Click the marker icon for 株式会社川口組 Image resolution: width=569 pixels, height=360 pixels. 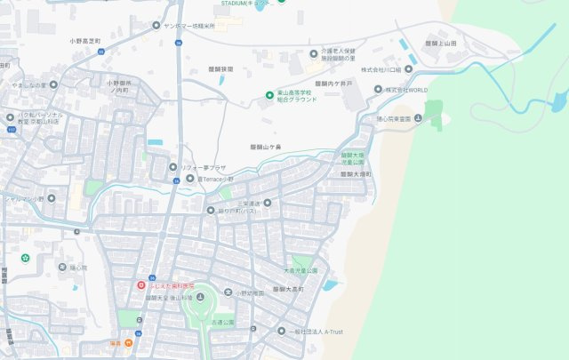[x=410, y=68]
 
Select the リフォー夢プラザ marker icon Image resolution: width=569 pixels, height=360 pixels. [x=173, y=166]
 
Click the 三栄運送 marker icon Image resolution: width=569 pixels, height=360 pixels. [x=267, y=203]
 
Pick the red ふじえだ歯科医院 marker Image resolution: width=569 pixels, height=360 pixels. [x=140, y=284]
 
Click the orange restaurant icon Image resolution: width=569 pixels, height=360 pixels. [x=129, y=341]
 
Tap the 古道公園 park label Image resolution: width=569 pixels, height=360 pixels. [x=222, y=322]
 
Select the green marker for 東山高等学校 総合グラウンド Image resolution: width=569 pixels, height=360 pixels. [x=270, y=95]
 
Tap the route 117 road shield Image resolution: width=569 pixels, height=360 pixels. [x=11, y=129]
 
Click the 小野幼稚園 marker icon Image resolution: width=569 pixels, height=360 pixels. [x=227, y=292]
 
